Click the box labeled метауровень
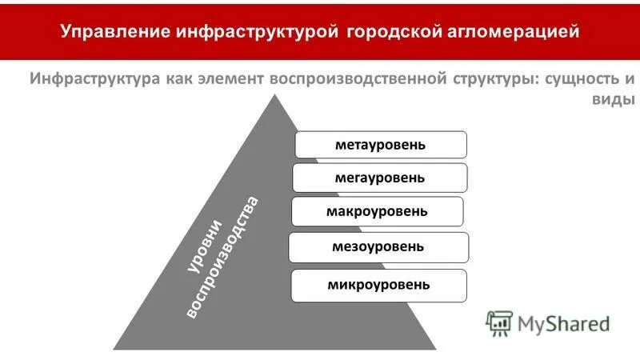click(381, 145)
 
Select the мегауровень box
click(379, 178)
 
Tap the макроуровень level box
click(377, 211)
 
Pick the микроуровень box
click(378, 285)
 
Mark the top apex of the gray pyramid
click(276, 95)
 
